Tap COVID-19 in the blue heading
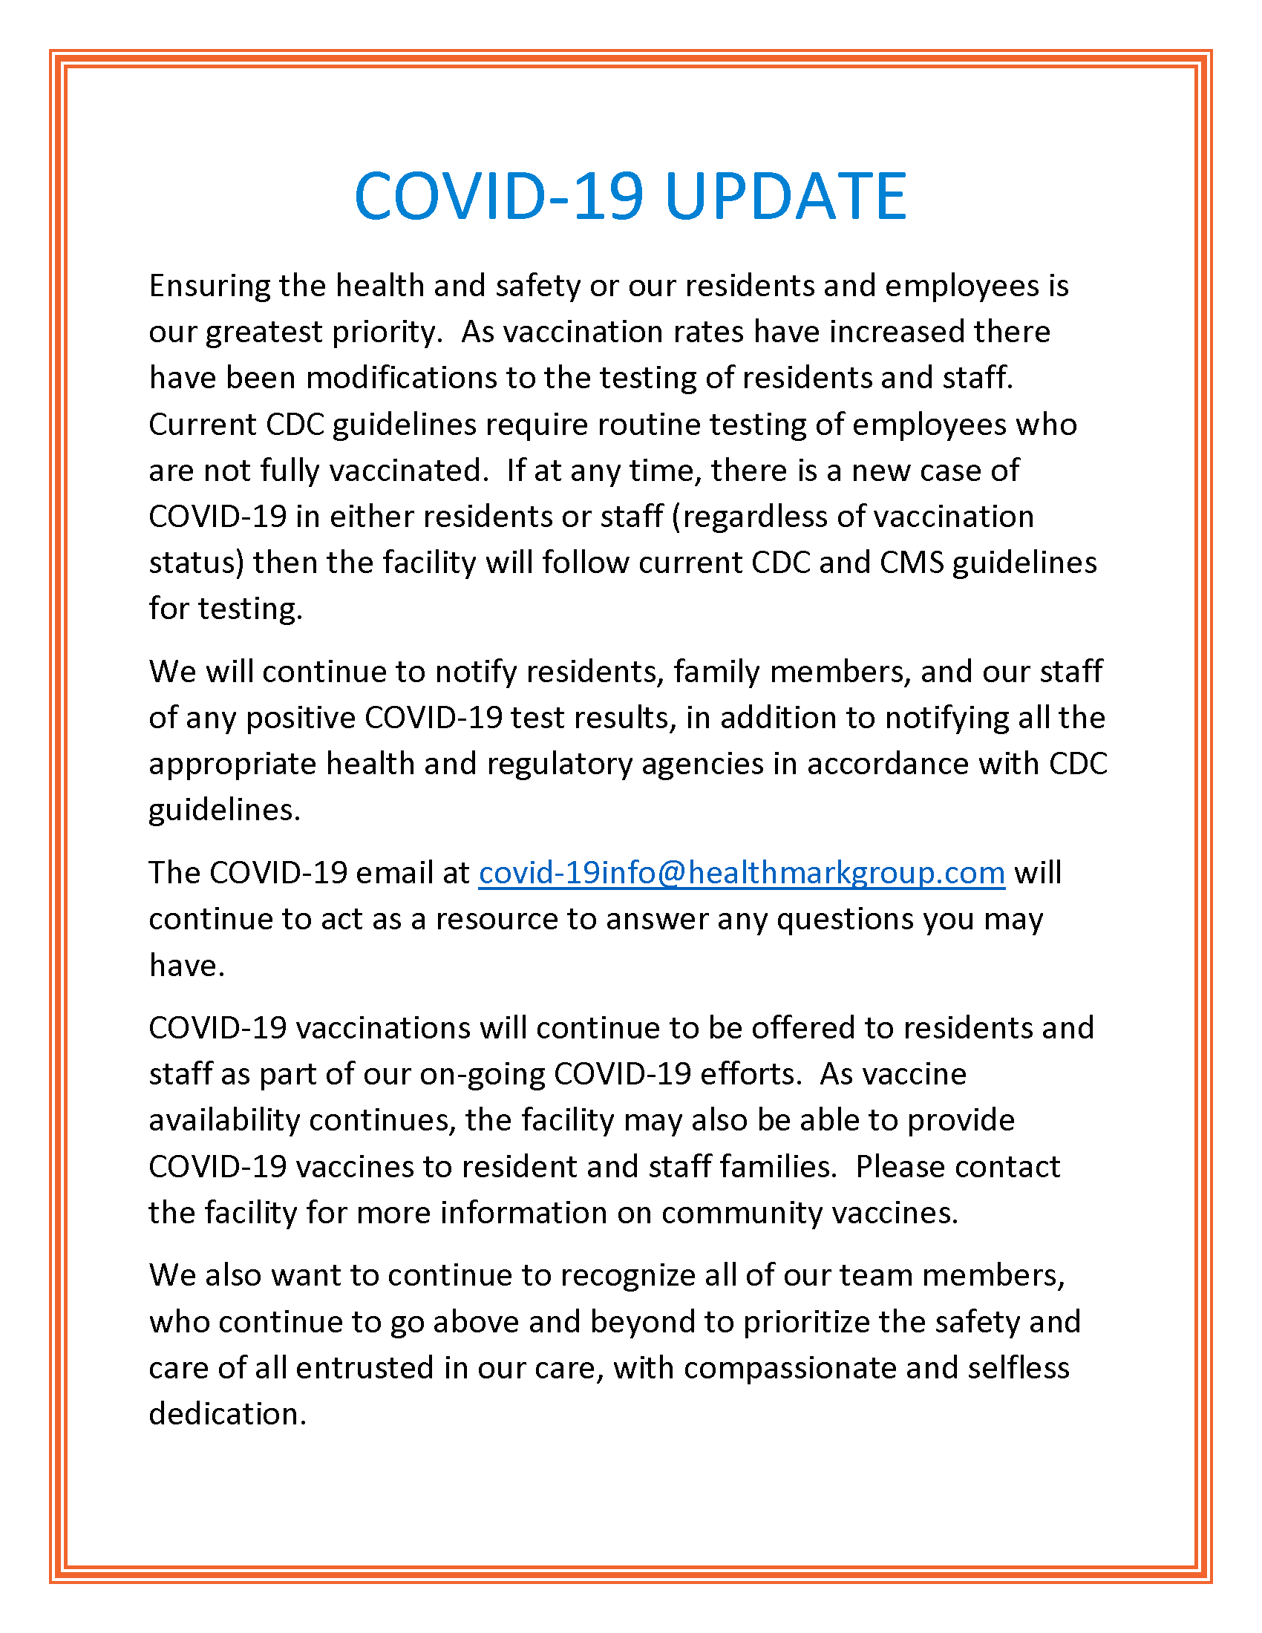499,196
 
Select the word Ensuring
209,287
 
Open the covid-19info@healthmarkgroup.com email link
741,874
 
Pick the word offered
803,1028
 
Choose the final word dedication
227,1414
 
